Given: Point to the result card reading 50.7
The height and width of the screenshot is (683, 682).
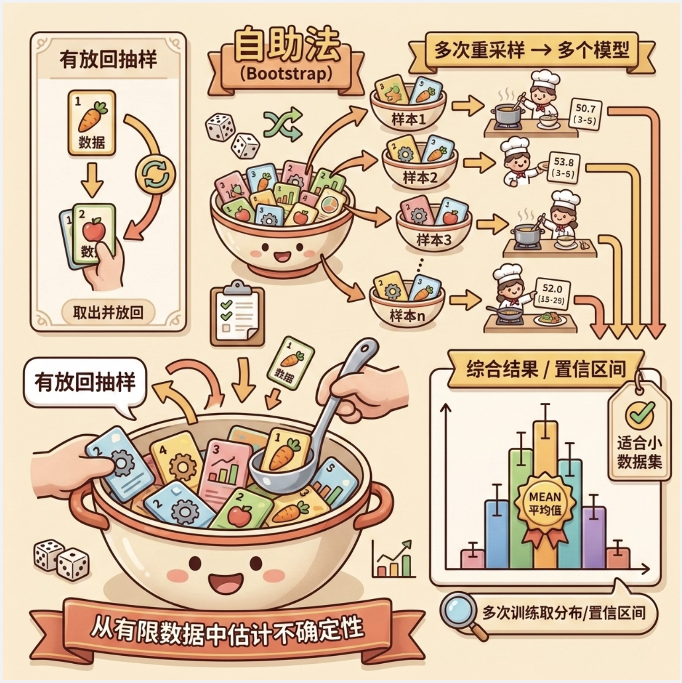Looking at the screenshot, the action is pyautogui.click(x=586, y=114).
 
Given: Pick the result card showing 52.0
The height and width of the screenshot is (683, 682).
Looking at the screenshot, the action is pyautogui.click(x=552, y=294).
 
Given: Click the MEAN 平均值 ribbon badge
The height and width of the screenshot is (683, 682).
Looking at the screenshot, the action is pyautogui.click(x=544, y=504).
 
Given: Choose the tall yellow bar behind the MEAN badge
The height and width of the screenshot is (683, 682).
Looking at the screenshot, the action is pyautogui.click(x=545, y=450).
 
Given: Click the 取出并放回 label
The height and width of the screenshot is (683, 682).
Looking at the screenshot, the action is pyautogui.click(x=108, y=312).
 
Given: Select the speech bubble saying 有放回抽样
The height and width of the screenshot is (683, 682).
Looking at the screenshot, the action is pyautogui.click(x=84, y=383).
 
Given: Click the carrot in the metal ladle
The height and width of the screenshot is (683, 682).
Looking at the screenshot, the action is pyautogui.click(x=282, y=453).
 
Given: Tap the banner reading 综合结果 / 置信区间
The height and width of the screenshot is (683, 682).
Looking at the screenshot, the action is pyautogui.click(x=546, y=369).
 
